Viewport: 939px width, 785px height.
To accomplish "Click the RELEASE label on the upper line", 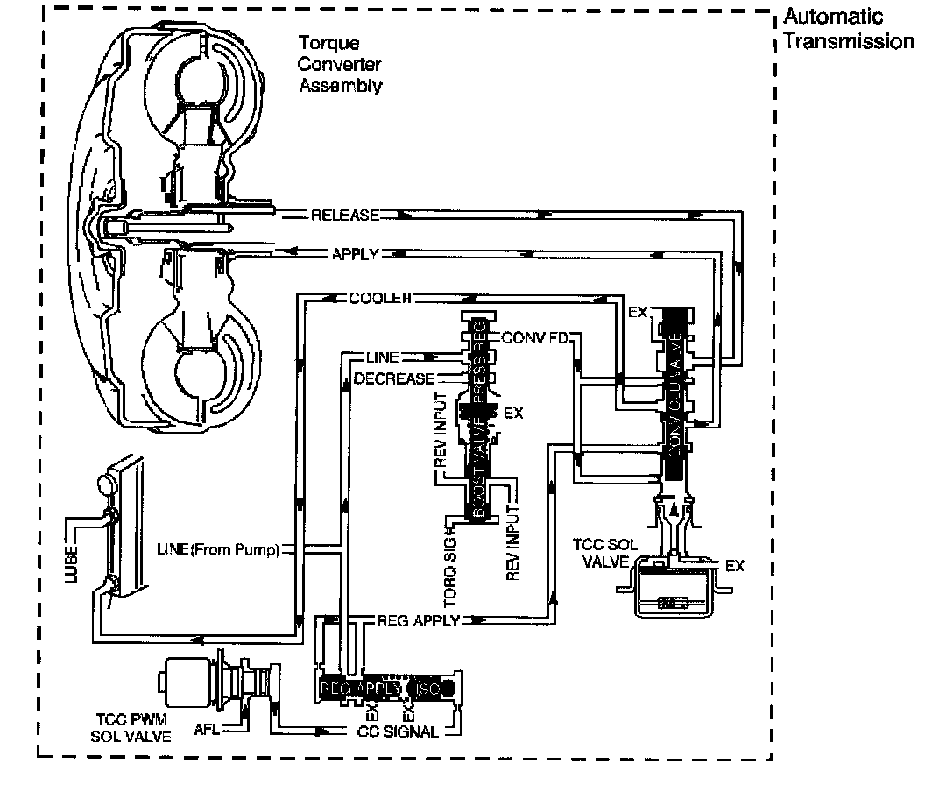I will pos(345,216).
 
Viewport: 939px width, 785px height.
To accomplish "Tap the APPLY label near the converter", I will pos(355,255).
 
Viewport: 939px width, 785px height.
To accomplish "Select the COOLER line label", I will pos(380,298).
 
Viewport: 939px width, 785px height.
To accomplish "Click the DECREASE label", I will pos(393,378).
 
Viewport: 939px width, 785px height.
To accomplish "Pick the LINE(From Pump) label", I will pos(217,550).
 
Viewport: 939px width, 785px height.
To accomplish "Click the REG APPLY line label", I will pos(417,621).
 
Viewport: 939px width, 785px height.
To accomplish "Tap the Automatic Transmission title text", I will pos(847,29).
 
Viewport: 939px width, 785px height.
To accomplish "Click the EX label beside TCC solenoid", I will pos(734,566).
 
